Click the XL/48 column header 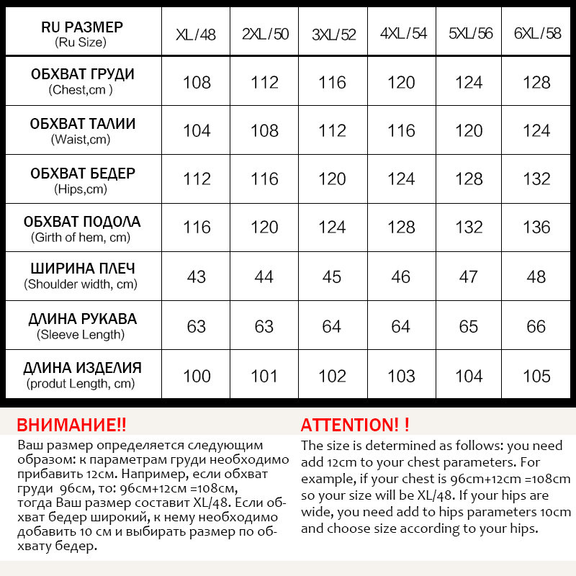pyautogui.click(x=196, y=34)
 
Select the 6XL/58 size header pyautogui.click(x=536, y=33)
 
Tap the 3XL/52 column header pyautogui.click(x=333, y=34)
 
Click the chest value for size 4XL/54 pyautogui.click(x=401, y=82)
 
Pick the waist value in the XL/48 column pyautogui.click(x=197, y=130)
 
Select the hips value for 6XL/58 pyautogui.click(x=536, y=179)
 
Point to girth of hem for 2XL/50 pyautogui.click(x=264, y=228)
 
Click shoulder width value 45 pyautogui.click(x=332, y=276)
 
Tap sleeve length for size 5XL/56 pyautogui.click(x=469, y=326)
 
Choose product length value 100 pyautogui.click(x=197, y=376)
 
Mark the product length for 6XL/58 pyautogui.click(x=536, y=376)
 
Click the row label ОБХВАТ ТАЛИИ pyautogui.click(x=82, y=125)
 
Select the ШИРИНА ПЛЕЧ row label pyautogui.click(x=82, y=269)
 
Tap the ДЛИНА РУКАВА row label pyautogui.click(x=82, y=319)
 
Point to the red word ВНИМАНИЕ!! pyautogui.click(x=71, y=424)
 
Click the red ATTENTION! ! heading pyautogui.click(x=355, y=424)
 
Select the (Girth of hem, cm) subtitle pyautogui.click(x=81, y=237)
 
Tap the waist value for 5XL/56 pyautogui.click(x=469, y=130)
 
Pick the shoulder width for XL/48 pyautogui.click(x=197, y=276)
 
